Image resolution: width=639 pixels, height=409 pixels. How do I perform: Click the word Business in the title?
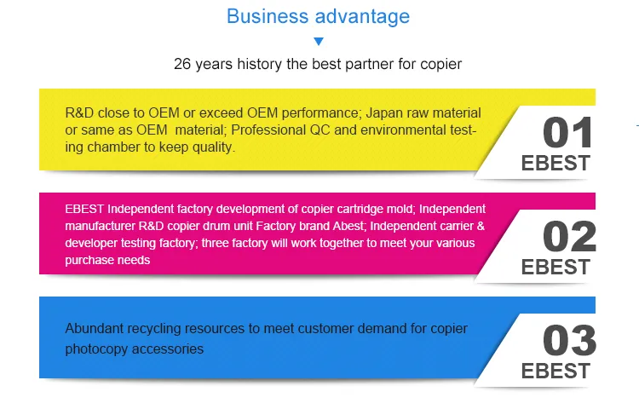[x=268, y=17]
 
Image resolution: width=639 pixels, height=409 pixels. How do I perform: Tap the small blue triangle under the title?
[x=319, y=41]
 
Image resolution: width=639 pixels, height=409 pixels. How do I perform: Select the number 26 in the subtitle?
[x=182, y=64]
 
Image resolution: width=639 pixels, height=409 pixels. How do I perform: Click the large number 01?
[x=567, y=132]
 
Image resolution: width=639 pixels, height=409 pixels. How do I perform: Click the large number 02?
[x=569, y=236]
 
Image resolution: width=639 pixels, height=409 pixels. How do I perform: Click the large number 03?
[x=569, y=340]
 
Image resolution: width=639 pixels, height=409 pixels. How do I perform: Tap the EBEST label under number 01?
[x=556, y=163]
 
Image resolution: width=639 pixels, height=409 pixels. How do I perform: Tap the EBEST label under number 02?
[x=556, y=267]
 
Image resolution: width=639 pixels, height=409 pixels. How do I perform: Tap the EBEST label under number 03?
[x=556, y=371]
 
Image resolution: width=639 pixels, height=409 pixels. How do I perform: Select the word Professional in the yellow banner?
[x=268, y=130]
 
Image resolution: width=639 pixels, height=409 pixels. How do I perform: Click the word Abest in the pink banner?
[x=349, y=226]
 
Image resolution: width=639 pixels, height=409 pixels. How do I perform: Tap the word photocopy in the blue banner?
[x=96, y=349]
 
